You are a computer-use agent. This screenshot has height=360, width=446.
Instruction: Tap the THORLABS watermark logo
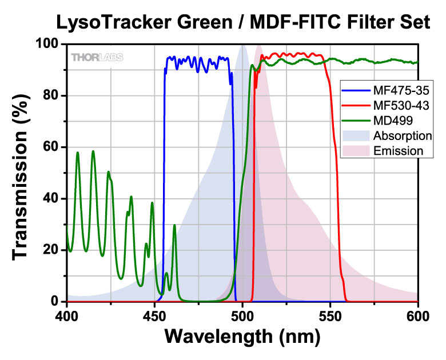97,57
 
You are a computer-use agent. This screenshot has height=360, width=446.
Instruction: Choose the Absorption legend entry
386,136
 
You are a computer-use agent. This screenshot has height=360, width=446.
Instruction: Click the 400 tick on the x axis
67,314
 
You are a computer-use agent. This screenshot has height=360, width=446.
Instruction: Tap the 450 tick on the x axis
154,314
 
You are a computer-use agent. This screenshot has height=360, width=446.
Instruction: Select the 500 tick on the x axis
242,314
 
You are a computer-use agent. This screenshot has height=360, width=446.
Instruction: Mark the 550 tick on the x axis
330,314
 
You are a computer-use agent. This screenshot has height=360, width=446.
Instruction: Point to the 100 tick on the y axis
49,44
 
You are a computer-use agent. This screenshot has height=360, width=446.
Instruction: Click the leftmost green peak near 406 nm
78,153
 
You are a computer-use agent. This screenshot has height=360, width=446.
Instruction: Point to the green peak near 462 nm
174,225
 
